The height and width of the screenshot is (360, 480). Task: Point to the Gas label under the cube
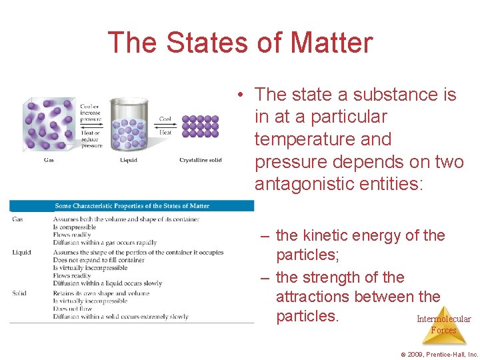(x=49, y=159)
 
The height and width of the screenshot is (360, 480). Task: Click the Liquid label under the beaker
(x=129, y=159)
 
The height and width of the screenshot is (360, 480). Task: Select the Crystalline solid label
(x=200, y=159)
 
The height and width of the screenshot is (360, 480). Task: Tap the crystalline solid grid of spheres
(x=200, y=126)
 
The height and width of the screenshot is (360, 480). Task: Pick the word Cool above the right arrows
(x=165, y=119)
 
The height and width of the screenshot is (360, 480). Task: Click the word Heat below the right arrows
(x=165, y=133)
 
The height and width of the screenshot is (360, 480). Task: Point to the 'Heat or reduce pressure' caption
(x=91, y=139)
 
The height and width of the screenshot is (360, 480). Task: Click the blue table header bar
(x=132, y=206)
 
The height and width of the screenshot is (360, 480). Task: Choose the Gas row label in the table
(x=18, y=219)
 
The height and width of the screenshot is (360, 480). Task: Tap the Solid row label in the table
(x=19, y=293)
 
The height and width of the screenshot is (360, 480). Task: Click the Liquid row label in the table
(x=21, y=252)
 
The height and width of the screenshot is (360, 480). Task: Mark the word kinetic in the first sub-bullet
(x=328, y=235)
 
